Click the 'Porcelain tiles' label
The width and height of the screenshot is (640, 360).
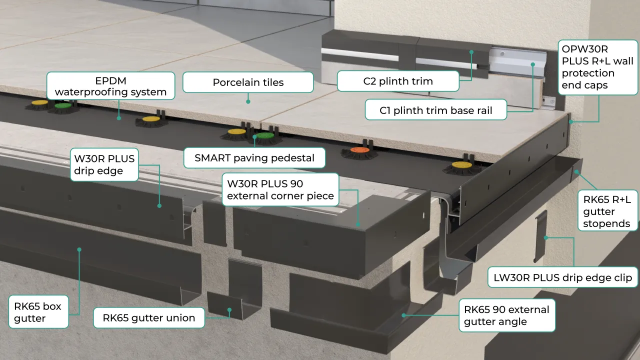pyautogui.click(x=248, y=82)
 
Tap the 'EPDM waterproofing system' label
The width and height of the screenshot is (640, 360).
pyautogui.click(x=110, y=86)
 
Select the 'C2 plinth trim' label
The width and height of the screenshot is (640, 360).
pyautogui.click(x=398, y=81)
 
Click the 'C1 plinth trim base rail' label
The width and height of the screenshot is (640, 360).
pyautogui.click(x=435, y=110)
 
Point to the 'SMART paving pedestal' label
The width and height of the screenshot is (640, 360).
pyautogui.click(x=254, y=158)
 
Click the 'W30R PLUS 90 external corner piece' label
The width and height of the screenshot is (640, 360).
pyautogui.click(x=280, y=189)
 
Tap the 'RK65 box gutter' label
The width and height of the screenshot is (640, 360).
pyautogui.click(x=38, y=312)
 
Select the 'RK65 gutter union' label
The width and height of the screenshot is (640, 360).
pyautogui.click(x=149, y=317)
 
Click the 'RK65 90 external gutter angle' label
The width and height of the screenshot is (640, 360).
pyautogui.click(x=506, y=315)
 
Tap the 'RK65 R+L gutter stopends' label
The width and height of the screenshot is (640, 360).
pyautogui.click(x=607, y=211)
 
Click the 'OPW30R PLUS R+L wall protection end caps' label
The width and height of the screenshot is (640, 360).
pyautogui.click(x=597, y=67)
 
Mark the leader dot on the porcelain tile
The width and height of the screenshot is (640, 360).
pyautogui.click(x=248, y=101)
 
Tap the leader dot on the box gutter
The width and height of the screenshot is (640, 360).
pyautogui.click(x=79, y=248)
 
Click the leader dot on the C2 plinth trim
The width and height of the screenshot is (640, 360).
pyautogui.click(x=471, y=51)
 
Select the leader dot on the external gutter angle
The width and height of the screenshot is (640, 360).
pyautogui.click(x=404, y=315)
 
